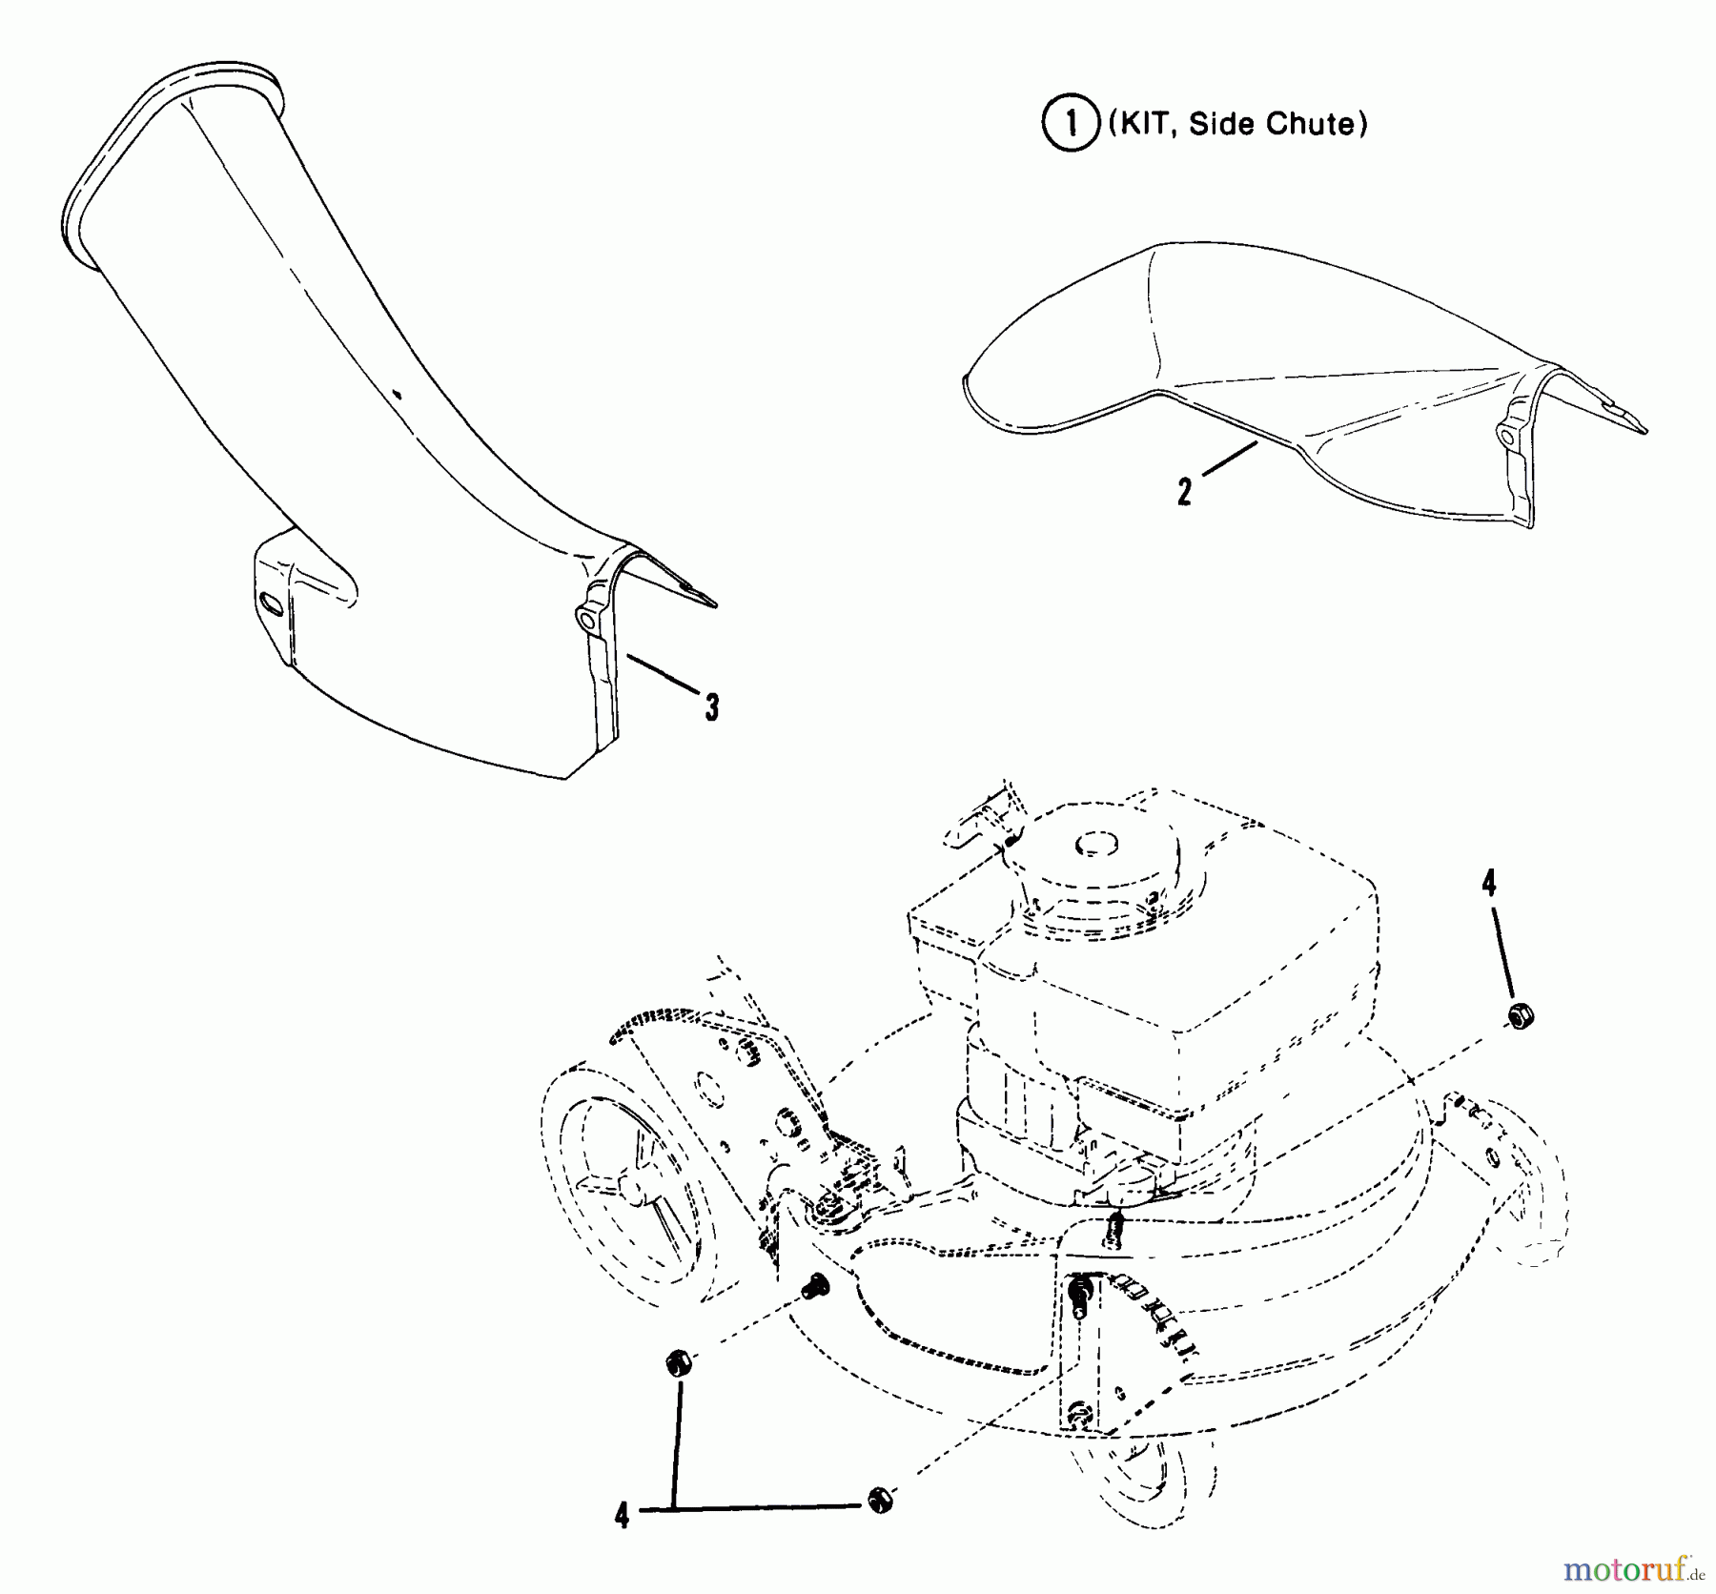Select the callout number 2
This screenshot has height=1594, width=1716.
1185,492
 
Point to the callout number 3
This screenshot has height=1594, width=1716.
711,707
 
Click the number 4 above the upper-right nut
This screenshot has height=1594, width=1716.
1489,884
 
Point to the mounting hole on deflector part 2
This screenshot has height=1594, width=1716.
1505,437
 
